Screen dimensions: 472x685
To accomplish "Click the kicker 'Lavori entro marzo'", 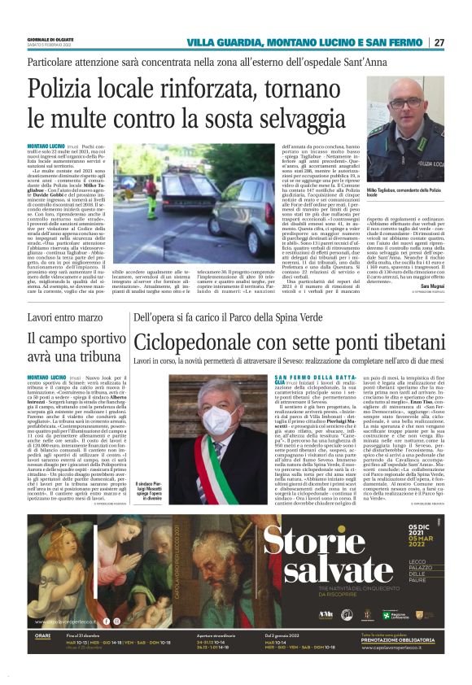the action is (x=65, y=315).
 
